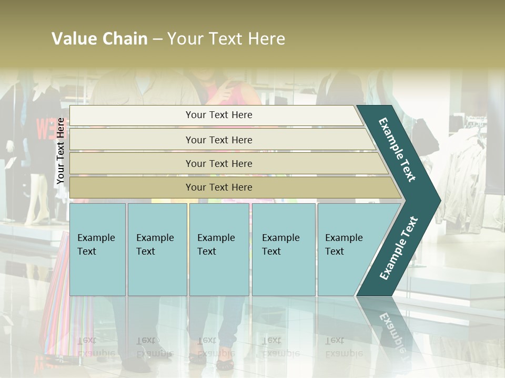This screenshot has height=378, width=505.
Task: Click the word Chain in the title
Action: (x=125, y=39)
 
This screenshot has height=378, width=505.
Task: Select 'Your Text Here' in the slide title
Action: (x=226, y=39)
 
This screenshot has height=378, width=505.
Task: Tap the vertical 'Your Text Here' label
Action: (x=60, y=151)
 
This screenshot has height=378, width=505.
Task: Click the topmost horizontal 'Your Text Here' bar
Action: (x=218, y=115)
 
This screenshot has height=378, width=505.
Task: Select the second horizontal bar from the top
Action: (x=218, y=140)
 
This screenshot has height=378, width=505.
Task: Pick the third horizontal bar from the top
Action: (x=218, y=163)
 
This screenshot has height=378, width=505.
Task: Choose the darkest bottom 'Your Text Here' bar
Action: (x=218, y=187)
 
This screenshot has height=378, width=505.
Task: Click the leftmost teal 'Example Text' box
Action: (x=97, y=249)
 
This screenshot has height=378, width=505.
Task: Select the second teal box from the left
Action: (x=157, y=249)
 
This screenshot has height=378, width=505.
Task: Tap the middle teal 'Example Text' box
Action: (x=219, y=249)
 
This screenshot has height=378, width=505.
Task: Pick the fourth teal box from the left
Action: (x=284, y=249)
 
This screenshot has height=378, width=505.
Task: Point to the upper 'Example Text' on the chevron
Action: (x=397, y=150)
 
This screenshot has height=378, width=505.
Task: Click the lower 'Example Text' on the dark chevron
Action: (x=399, y=248)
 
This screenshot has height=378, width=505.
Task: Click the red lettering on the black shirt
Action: (x=44, y=128)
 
